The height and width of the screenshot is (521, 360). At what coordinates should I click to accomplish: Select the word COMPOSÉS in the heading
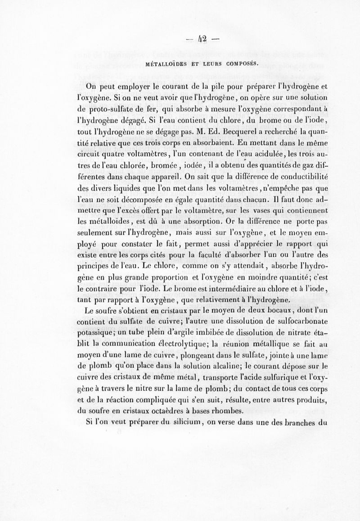pyautogui.click(x=237, y=63)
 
